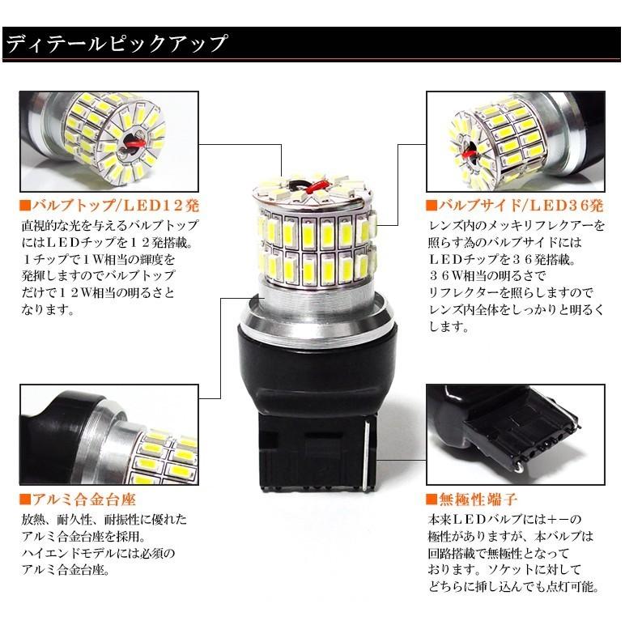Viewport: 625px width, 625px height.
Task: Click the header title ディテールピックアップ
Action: click(117, 44)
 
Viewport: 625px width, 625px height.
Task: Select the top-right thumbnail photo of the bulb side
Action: click(515, 141)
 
